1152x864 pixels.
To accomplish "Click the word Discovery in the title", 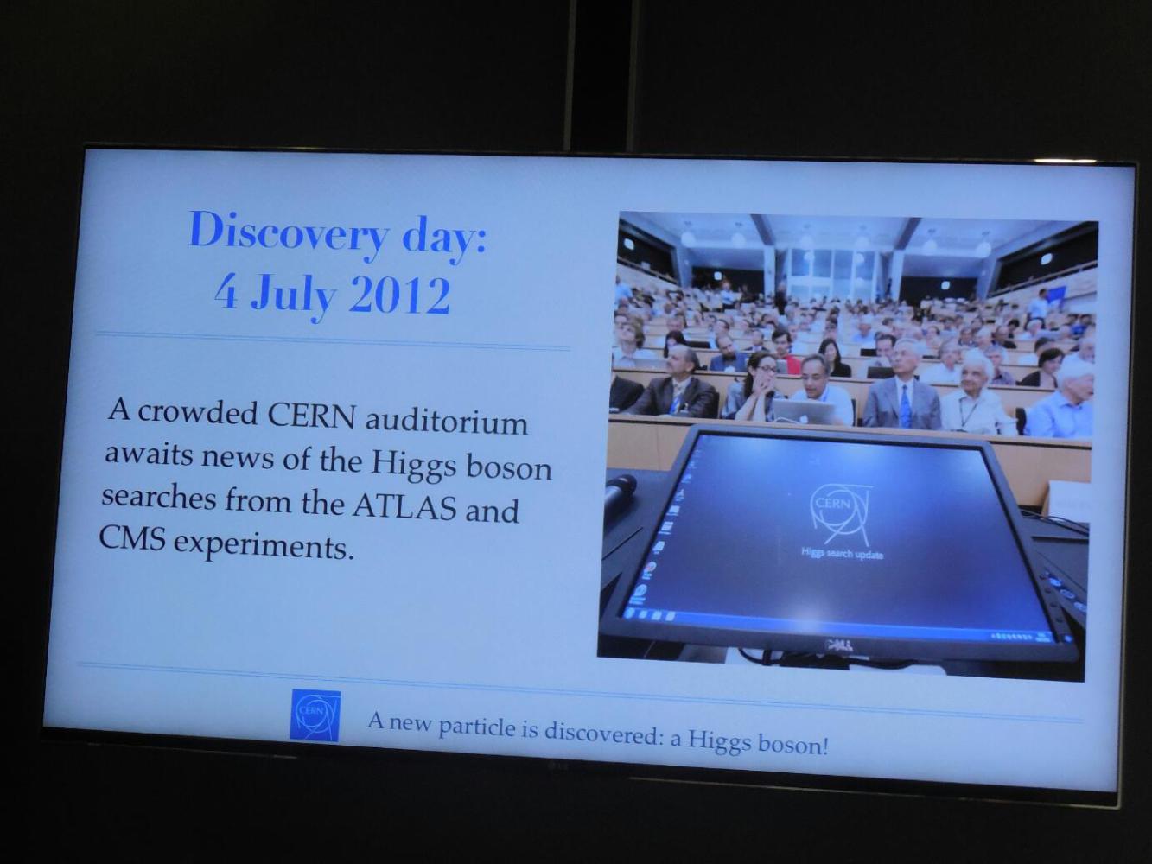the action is (x=290, y=233).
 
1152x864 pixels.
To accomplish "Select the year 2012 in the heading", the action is (x=399, y=295).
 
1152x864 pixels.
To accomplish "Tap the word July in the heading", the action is (x=293, y=296).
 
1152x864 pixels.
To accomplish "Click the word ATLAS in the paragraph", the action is (x=404, y=506).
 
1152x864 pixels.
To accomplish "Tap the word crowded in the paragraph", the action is (x=198, y=412).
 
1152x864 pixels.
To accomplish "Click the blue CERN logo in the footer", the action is (x=315, y=715).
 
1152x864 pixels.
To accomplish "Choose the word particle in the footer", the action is (x=476, y=727).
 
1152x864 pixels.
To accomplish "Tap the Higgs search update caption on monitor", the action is (x=842, y=553).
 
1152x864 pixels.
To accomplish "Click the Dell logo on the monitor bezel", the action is (x=838, y=645).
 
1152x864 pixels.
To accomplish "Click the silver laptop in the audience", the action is (x=803, y=410).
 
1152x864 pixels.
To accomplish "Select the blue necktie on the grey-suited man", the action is (x=905, y=405).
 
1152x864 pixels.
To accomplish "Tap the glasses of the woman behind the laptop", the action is (x=764, y=369).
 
